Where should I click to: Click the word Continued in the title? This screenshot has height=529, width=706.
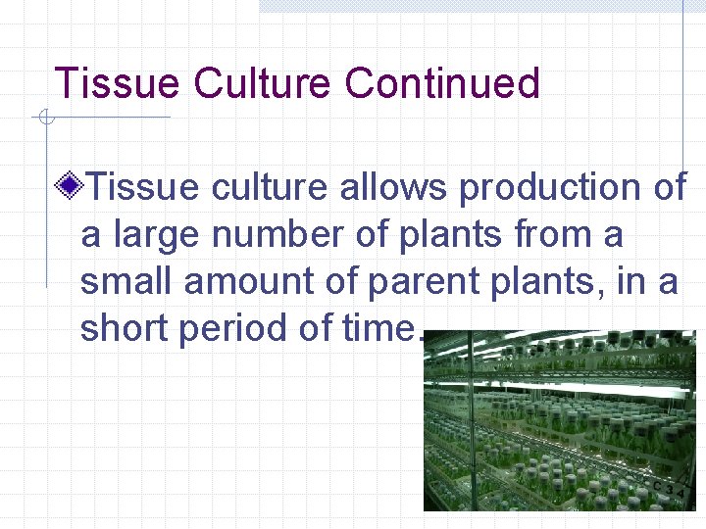click(441, 84)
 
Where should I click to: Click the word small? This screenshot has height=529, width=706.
click(127, 282)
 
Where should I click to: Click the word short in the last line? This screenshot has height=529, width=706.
click(126, 329)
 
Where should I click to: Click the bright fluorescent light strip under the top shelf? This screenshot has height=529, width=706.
click(588, 390)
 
